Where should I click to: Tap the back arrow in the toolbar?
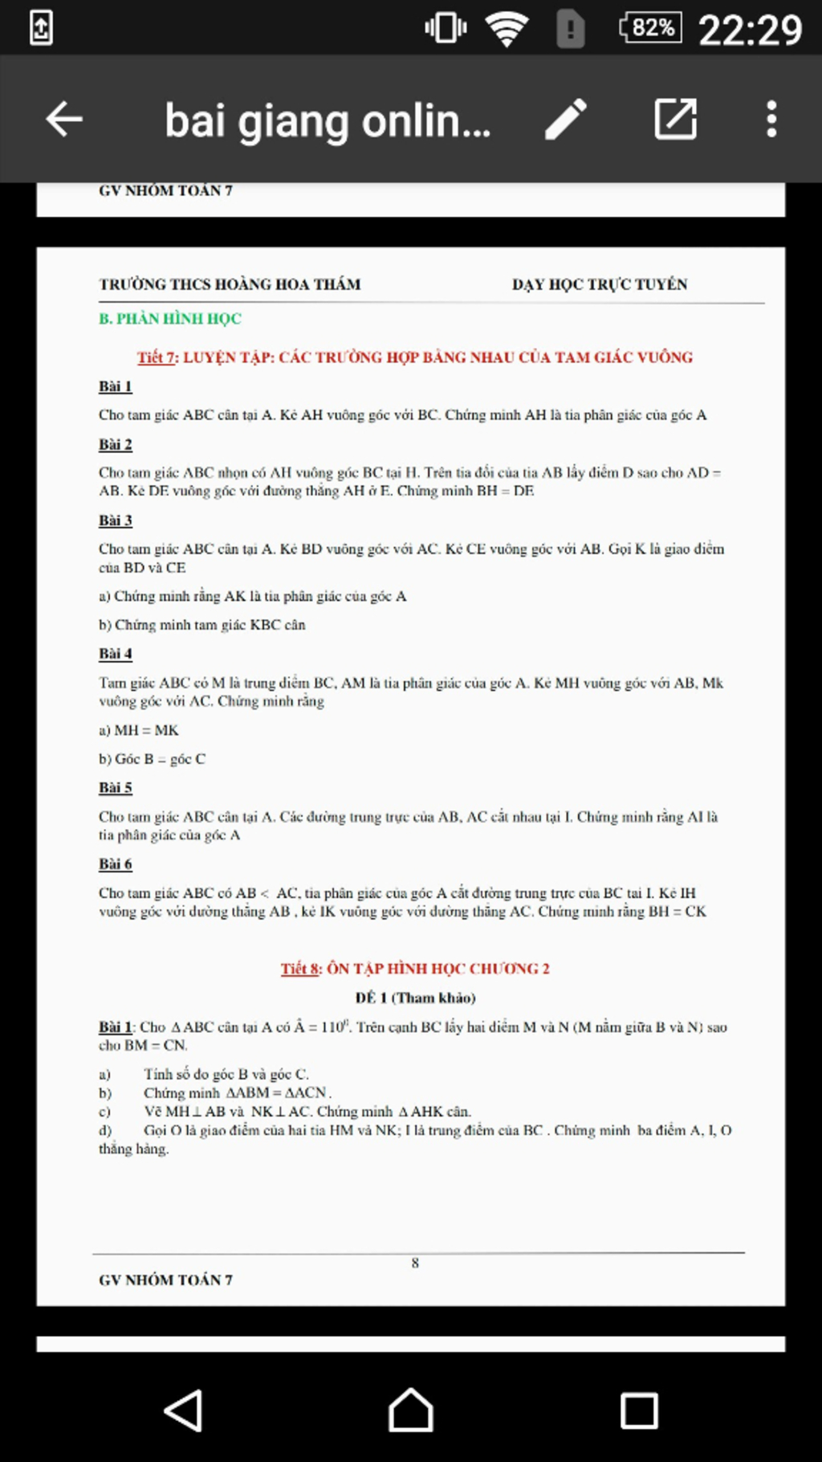click(64, 120)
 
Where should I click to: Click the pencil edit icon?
click(566, 120)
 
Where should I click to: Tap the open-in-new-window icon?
click(675, 120)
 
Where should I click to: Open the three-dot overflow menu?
click(771, 120)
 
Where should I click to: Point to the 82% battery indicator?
click(651, 28)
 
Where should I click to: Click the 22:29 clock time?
click(750, 31)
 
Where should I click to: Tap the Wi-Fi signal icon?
click(507, 30)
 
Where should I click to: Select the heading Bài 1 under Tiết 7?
click(116, 386)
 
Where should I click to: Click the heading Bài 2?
click(116, 444)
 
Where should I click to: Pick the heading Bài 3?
click(116, 521)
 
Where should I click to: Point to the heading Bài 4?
click(116, 654)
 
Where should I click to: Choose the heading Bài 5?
click(116, 788)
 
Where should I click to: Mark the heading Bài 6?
click(116, 864)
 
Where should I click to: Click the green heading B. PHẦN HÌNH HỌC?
click(170, 319)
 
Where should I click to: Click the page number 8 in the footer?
click(415, 1263)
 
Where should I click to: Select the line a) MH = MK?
click(139, 730)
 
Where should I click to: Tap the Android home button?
click(411, 1411)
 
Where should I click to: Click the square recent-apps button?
click(639, 1411)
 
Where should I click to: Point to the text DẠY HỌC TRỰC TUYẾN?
click(600, 284)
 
